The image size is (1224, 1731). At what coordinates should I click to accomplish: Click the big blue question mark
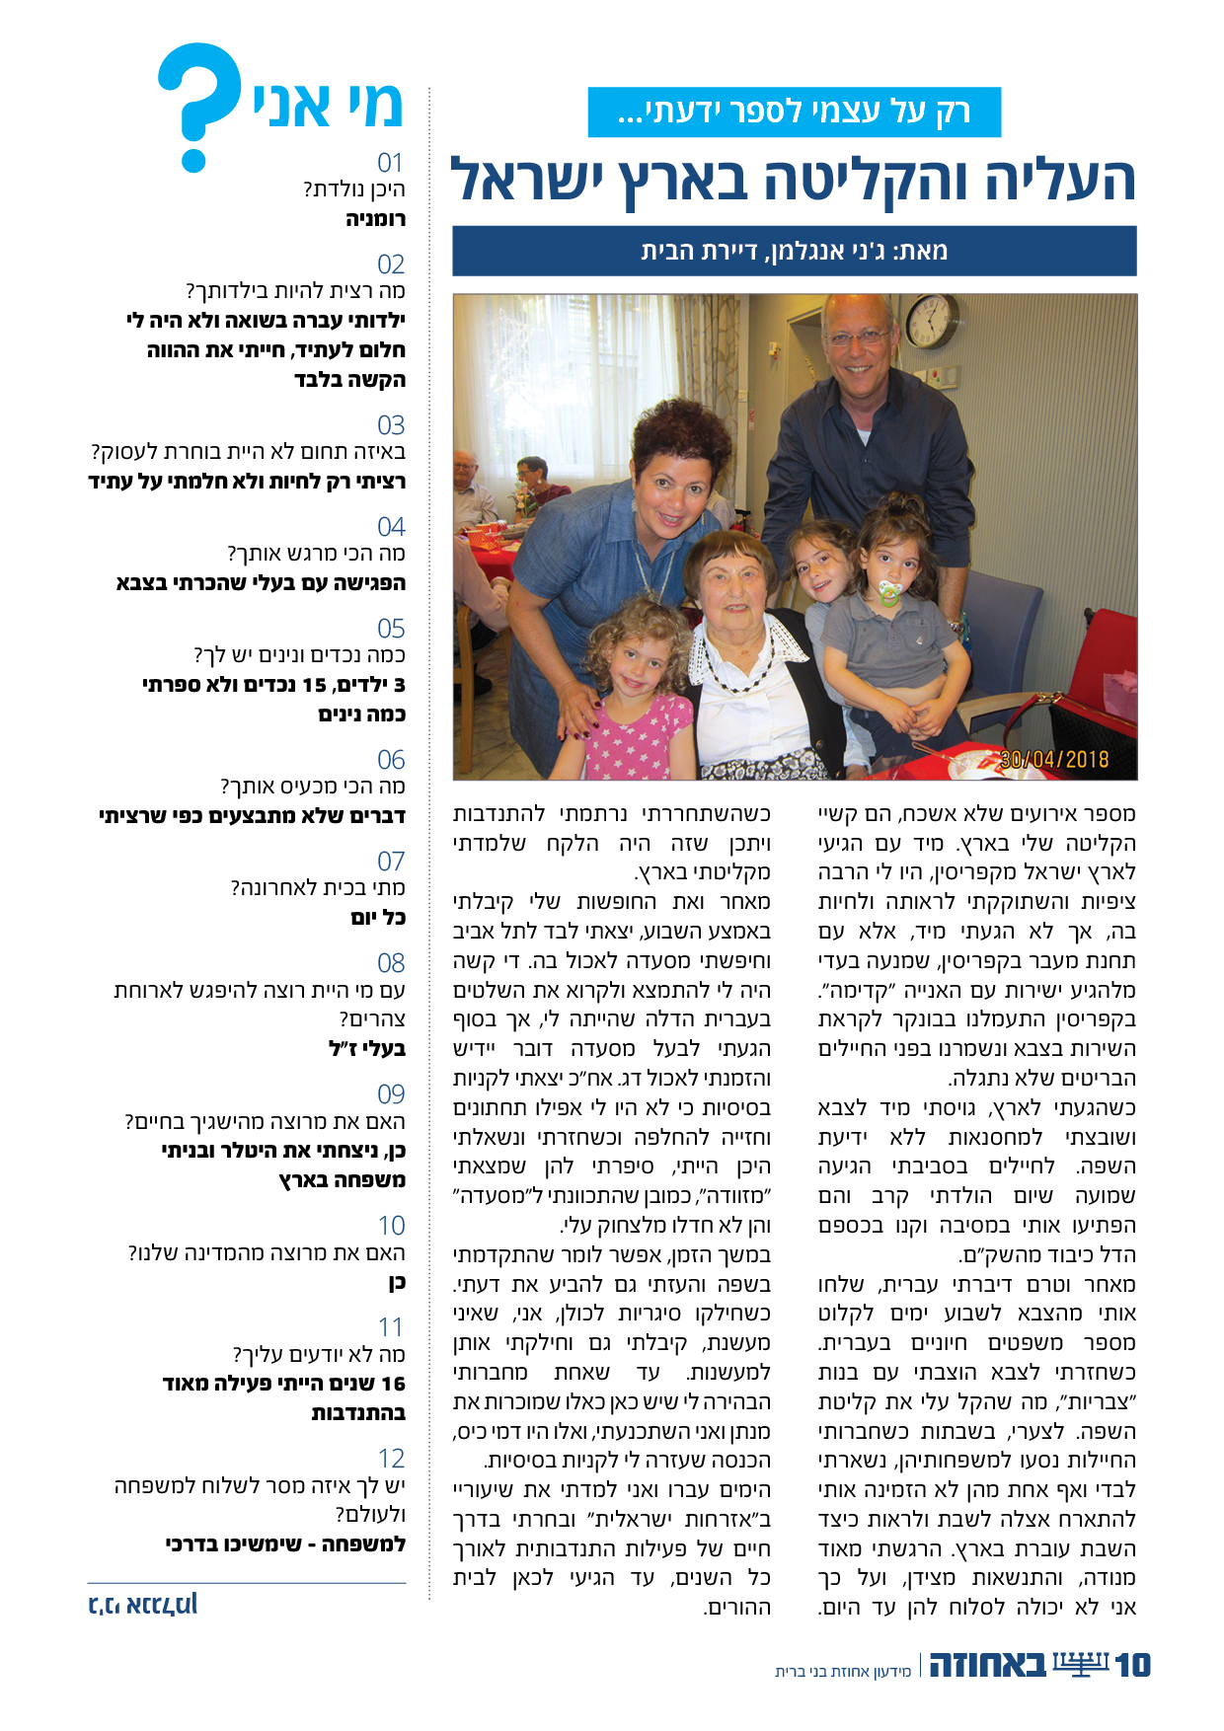tap(200, 105)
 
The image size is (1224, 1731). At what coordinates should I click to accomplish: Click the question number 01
tap(391, 163)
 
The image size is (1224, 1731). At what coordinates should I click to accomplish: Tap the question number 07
tap(391, 861)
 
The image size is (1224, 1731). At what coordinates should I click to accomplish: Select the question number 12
tap(391, 1458)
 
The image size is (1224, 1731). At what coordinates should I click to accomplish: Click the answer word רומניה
tap(375, 218)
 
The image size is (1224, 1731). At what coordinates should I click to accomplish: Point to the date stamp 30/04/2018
tap(1054, 759)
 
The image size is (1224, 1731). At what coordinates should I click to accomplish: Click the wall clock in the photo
tap(931, 321)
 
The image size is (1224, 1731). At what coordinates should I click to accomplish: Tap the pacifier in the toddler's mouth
tap(892, 592)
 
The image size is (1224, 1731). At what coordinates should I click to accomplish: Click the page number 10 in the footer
tap(1132, 1666)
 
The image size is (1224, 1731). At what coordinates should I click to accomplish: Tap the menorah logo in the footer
tap(1081, 1664)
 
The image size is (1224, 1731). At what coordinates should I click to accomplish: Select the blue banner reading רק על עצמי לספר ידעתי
tap(794, 112)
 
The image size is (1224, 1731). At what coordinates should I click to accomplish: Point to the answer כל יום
tap(378, 917)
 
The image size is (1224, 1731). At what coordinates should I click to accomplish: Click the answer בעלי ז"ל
tap(367, 1048)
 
